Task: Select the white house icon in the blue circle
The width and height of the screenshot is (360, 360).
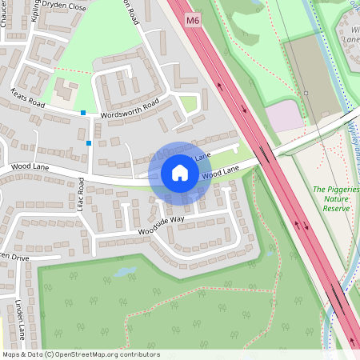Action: (180, 173)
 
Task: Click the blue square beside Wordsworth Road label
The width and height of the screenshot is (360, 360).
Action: (83, 113)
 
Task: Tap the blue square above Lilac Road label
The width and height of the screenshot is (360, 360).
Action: (88, 143)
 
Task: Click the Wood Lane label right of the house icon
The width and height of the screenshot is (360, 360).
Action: (221, 172)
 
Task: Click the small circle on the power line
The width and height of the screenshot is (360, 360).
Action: (306, 94)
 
